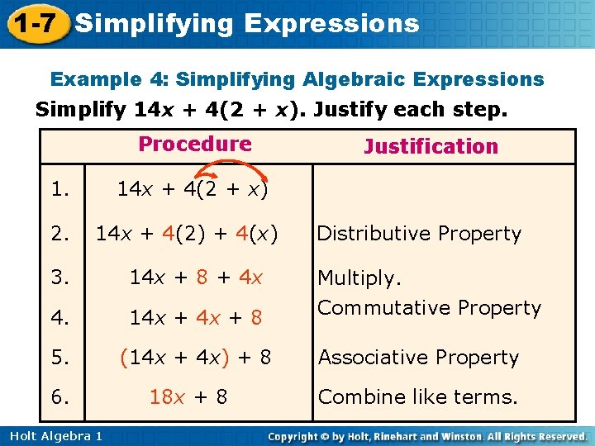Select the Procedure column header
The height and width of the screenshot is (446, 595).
(x=195, y=144)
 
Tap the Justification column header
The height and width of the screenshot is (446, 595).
(x=431, y=147)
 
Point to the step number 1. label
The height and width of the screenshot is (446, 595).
(x=59, y=189)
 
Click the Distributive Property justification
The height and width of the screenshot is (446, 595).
(x=419, y=235)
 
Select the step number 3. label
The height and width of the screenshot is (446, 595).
(x=59, y=278)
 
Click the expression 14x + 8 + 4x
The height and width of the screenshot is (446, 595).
(x=196, y=278)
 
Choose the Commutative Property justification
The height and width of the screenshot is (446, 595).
(x=429, y=308)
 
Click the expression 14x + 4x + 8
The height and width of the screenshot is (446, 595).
(x=196, y=316)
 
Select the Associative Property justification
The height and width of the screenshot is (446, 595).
(x=418, y=358)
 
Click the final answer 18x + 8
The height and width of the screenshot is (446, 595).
(x=188, y=396)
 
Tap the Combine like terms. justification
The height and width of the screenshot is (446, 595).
(x=417, y=396)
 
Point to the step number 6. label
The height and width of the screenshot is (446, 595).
(x=59, y=396)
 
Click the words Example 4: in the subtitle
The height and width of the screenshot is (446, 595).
(x=110, y=79)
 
